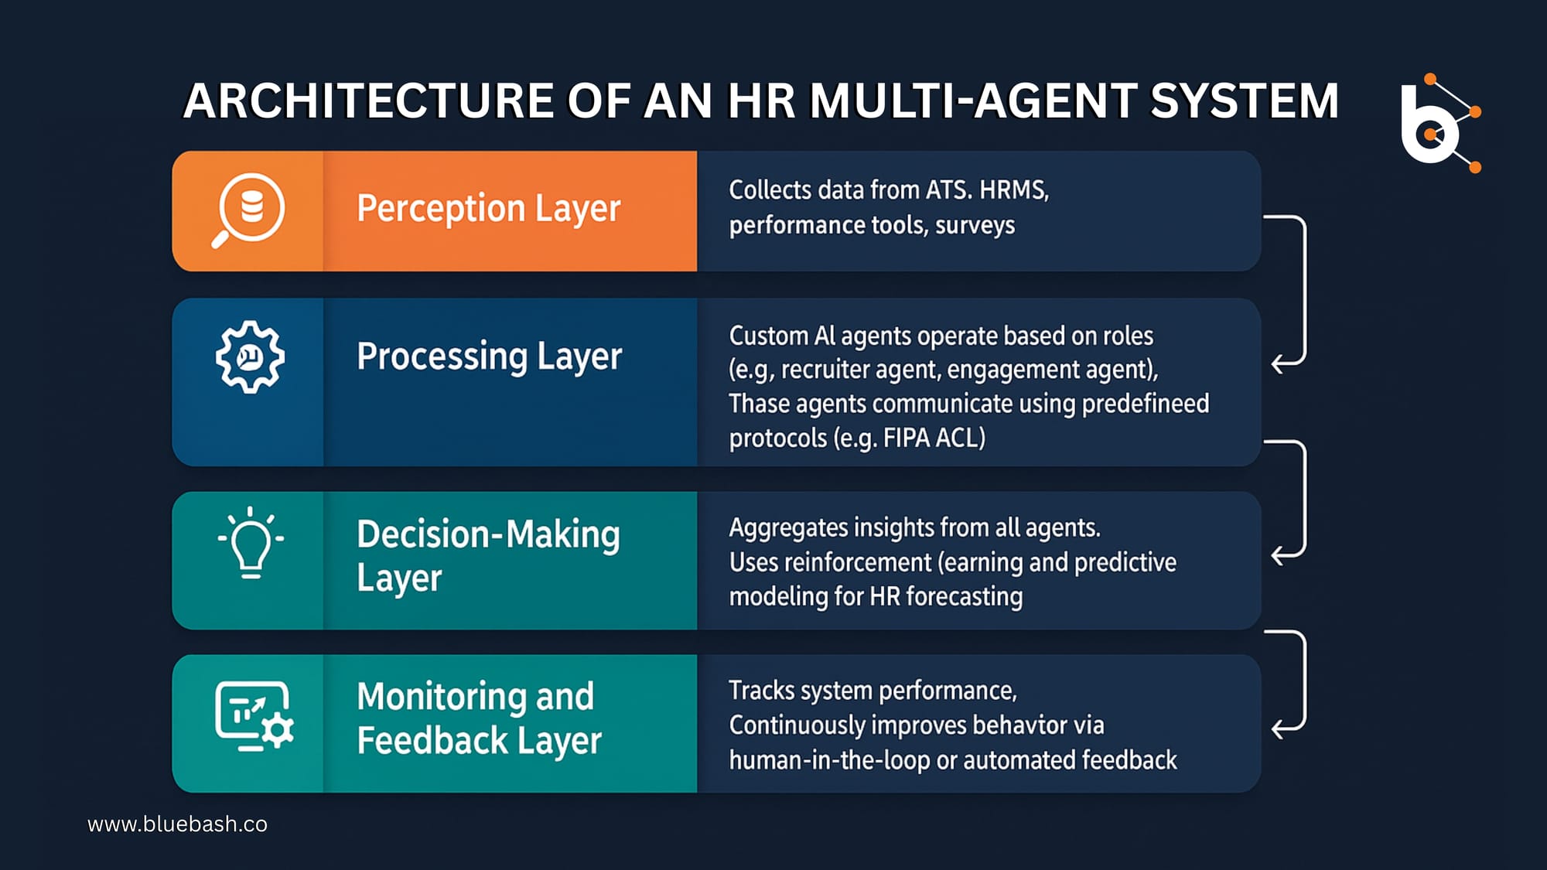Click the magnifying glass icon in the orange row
[248, 210]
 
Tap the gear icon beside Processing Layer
[250, 357]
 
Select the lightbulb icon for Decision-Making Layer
[251, 543]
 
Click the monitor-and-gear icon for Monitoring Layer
[254, 716]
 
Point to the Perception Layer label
[488, 209]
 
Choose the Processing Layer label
[489, 357]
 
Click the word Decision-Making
[488, 534]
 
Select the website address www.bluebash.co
[177, 824]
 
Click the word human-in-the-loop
[829, 760]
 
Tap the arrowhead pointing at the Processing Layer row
[1279, 363]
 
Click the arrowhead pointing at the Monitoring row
[1279, 728]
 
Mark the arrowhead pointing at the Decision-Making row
[1279, 555]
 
